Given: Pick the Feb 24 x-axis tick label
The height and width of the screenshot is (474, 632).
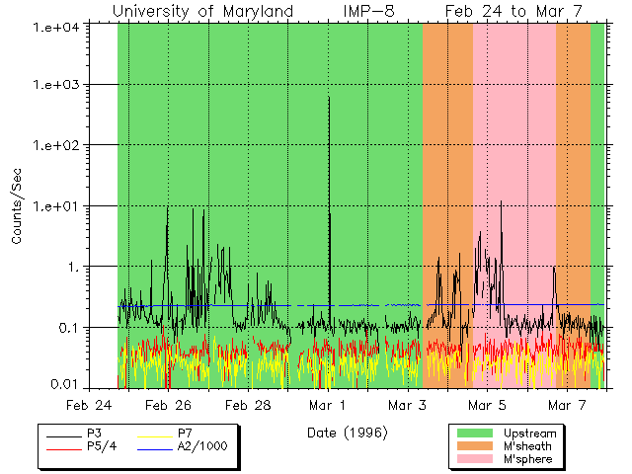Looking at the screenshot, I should point(89,405).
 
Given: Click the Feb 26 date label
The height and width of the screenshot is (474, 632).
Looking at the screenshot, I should point(169,405).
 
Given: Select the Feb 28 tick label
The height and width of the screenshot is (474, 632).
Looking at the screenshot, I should point(248,405).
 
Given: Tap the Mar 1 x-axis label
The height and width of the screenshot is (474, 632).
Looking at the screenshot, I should point(328,405).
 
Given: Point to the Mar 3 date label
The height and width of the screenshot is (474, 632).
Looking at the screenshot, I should point(407,405).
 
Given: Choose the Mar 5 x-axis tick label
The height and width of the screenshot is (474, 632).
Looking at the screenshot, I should point(487,405).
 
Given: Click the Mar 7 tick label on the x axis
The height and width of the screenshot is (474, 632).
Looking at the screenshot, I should point(566,405).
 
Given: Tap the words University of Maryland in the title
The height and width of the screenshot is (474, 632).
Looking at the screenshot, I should point(202,11).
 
